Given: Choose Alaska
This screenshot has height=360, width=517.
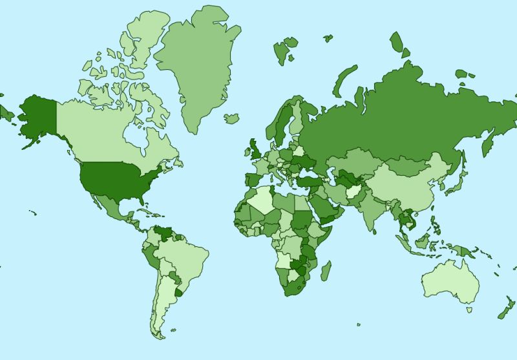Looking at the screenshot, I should (36, 116).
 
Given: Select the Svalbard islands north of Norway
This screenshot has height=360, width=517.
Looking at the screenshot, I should (284, 50).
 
